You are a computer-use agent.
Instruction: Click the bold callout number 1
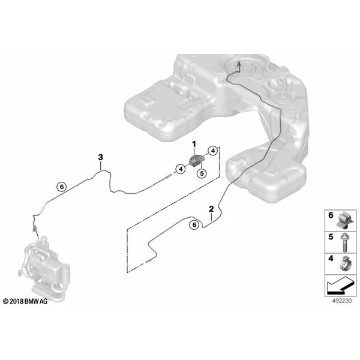[194, 145]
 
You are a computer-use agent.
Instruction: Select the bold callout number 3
[101, 157]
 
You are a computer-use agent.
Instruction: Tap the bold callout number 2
[211, 209]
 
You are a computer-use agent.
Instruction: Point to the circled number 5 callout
[202, 173]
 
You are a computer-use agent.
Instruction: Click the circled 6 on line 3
[62, 187]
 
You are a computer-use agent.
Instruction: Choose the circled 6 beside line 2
[194, 224]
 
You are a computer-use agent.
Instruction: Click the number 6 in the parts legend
[331, 215]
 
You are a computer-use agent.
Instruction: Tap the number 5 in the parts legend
[331, 237]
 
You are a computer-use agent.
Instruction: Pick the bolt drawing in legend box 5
[344, 242]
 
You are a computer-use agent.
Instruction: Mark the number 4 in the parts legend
[331, 259]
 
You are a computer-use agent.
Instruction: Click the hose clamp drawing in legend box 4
[346, 263]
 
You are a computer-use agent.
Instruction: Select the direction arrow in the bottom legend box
[340, 286]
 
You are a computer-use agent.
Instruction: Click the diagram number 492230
[342, 301]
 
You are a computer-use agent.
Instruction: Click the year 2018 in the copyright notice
[17, 301]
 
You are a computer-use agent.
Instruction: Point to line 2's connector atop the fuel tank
[239, 65]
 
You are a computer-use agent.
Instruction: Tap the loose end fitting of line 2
[149, 260]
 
